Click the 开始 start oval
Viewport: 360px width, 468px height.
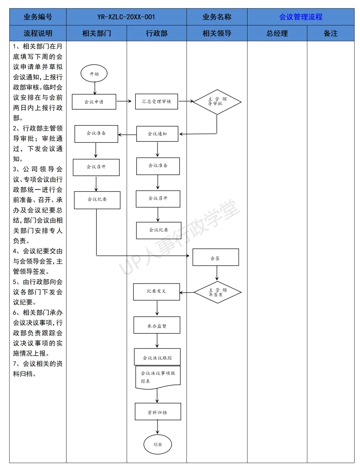tap(94, 73)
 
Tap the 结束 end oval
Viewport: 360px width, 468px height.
tap(158, 444)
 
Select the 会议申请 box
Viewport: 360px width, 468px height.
tap(94, 102)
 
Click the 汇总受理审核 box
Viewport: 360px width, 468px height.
tap(157, 101)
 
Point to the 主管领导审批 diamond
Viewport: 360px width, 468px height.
tap(217, 102)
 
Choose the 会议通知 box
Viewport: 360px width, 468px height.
tap(157, 134)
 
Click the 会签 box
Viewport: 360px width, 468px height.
tap(216, 257)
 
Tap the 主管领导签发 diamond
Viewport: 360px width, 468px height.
tap(217, 292)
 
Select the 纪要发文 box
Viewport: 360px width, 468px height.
tap(157, 292)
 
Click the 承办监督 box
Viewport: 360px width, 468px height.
tap(157, 325)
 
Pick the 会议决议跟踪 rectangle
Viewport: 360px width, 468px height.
tap(157, 357)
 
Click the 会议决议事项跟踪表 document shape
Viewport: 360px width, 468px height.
tap(158, 377)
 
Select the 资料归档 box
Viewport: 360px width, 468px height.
tap(158, 411)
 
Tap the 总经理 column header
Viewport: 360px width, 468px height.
tap(277, 33)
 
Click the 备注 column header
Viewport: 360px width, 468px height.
tap(330, 33)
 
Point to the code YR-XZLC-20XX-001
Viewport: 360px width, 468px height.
tap(126, 17)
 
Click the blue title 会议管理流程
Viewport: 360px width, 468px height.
tap(301, 17)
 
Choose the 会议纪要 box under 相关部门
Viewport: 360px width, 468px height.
tap(97, 200)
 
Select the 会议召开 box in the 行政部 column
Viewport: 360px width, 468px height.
tap(158, 199)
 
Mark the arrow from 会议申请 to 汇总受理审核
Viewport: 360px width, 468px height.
tap(124, 101)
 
